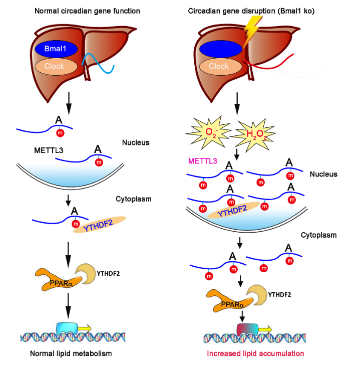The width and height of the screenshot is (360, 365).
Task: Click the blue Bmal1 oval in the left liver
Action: (56, 49)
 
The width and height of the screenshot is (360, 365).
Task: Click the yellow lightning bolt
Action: (252, 28)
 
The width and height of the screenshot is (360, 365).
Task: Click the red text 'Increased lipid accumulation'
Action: (255, 354)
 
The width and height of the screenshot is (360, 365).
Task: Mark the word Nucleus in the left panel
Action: (135, 142)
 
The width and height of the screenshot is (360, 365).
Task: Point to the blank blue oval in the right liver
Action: (219, 49)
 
